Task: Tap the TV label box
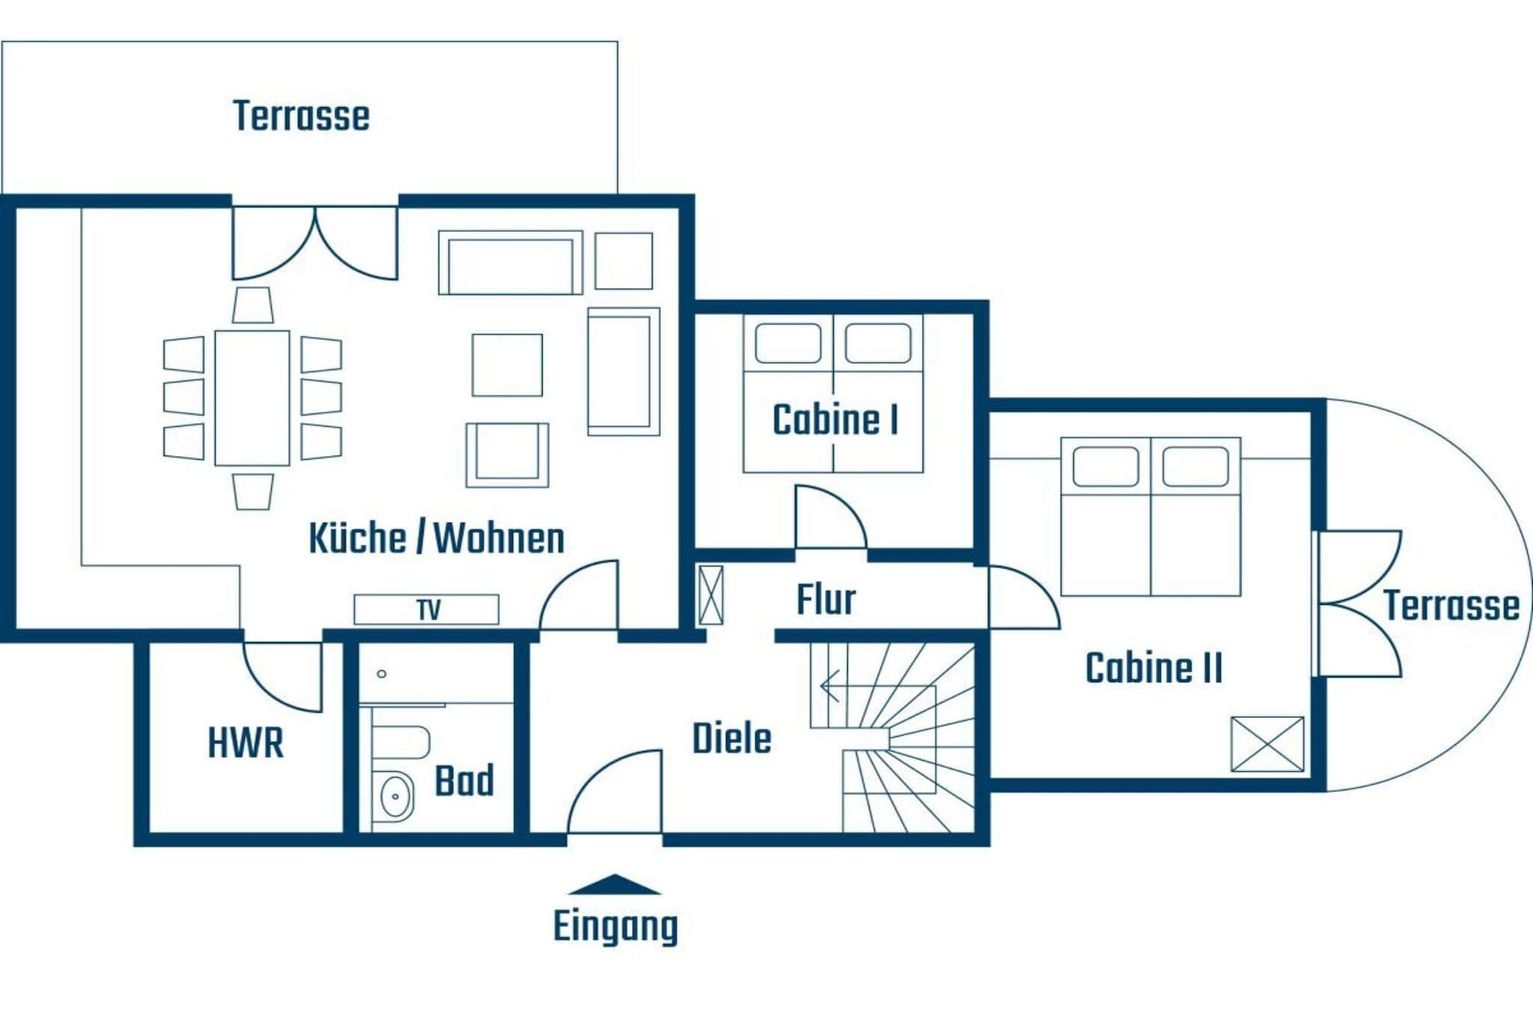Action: (427, 609)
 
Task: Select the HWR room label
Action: (246, 743)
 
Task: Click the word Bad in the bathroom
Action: (464, 781)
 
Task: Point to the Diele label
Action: (731, 739)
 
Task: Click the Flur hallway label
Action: (826, 600)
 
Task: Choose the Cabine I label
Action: (835, 419)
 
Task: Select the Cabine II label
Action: (1154, 668)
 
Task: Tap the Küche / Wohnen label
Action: (436, 538)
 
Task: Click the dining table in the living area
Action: (252, 398)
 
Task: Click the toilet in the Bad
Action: (400, 741)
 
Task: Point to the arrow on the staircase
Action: (829, 686)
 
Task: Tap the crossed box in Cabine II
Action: (1267, 744)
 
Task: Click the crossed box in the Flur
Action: (711, 595)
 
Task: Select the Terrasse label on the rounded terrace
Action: (1451, 606)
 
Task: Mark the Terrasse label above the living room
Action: (302, 116)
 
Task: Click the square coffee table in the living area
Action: (507, 365)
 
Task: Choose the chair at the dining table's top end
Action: (252, 305)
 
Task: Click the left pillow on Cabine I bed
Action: (787, 343)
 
